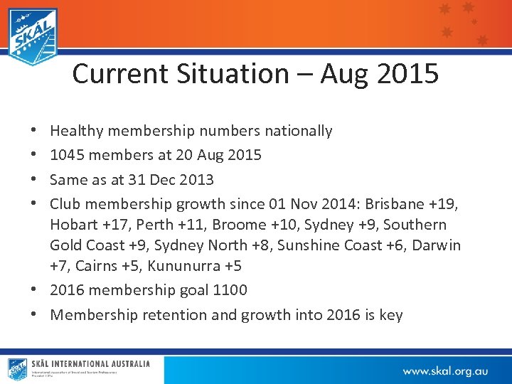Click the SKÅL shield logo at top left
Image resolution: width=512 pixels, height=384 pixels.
33,36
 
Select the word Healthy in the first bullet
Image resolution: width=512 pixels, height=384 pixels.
77,131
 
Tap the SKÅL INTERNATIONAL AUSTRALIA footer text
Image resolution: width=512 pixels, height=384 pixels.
90,364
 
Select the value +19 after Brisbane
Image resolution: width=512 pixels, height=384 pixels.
444,204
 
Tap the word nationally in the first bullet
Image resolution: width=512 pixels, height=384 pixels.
298,131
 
